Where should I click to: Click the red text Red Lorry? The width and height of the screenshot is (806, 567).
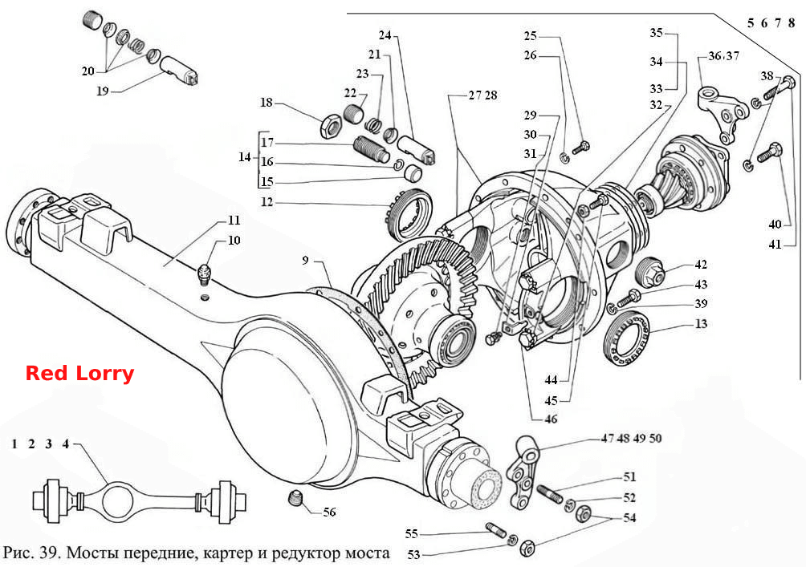click(x=79, y=374)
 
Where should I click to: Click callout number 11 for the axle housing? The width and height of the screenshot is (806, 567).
click(x=234, y=221)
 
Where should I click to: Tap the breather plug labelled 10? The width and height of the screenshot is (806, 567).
click(x=205, y=273)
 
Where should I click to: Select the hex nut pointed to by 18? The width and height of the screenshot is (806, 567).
click(x=329, y=126)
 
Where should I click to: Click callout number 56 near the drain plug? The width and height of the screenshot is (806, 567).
click(x=329, y=512)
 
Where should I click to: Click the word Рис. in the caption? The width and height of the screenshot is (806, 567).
click(x=18, y=553)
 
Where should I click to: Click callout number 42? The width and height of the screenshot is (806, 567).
click(x=701, y=265)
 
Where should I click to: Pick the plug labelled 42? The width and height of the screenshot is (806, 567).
click(x=649, y=272)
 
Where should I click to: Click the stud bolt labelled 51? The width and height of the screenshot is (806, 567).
click(x=550, y=495)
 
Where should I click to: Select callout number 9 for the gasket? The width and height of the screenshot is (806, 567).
click(x=305, y=261)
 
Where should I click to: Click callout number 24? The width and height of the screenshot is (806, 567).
click(x=385, y=35)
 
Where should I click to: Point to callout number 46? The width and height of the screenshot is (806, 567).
click(x=551, y=419)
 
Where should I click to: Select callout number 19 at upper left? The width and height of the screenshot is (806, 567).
click(x=103, y=91)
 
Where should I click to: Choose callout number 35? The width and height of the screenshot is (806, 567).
click(x=657, y=33)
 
